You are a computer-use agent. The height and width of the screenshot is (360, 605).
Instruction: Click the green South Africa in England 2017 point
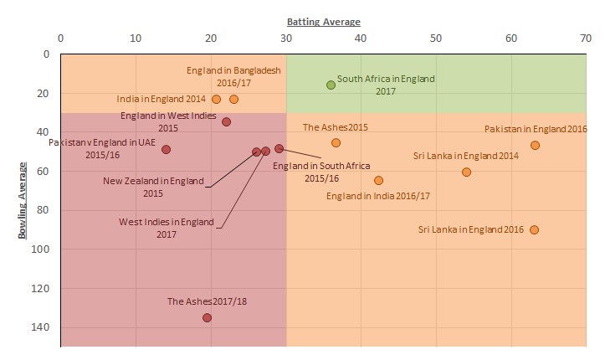tap(331, 85)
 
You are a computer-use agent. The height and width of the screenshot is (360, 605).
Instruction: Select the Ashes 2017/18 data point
tap(207, 317)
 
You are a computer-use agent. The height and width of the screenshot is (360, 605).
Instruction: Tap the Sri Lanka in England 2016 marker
tap(534, 229)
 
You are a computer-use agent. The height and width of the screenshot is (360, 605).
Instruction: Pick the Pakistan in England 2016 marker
tap(535, 145)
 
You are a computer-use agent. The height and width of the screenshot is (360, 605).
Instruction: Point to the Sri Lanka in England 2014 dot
tap(466, 172)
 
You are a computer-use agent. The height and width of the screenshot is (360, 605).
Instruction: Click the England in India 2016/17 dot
tap(378, 180)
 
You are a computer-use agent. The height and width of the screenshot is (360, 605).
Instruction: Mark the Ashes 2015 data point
tap(336, 142)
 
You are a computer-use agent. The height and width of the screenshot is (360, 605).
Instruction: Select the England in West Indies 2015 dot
tap(226, 121)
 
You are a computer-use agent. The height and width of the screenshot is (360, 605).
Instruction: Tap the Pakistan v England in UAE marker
tap(166, 149)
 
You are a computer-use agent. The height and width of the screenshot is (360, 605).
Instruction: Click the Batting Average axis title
tap(324, 21)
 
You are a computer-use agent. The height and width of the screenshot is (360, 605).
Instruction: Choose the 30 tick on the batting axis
tap(285, 38)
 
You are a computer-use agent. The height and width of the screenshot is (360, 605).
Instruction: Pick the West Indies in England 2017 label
tap(166, 228)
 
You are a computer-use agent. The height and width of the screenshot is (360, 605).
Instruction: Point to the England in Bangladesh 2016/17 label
tap(233, 77)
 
